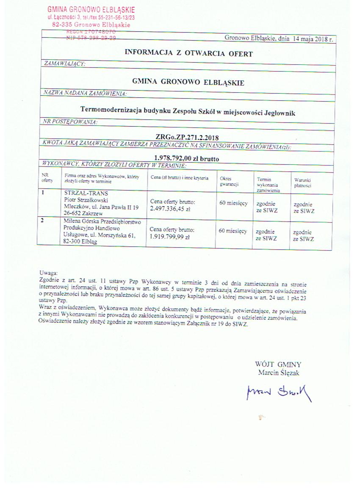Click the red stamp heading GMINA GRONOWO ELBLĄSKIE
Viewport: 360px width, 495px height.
coord(91,9)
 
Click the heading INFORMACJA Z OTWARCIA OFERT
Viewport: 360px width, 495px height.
coord(188,53)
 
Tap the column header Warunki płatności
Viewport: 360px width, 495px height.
coord(303,183)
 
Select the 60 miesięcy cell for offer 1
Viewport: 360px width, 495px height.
coord(233,203)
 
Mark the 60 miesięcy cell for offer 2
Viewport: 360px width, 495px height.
coord(233,231)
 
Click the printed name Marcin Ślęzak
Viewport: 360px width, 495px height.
coord(278,373)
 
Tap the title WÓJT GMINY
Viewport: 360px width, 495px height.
coord(278,364)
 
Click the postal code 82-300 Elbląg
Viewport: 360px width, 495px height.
coord(79,241)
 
